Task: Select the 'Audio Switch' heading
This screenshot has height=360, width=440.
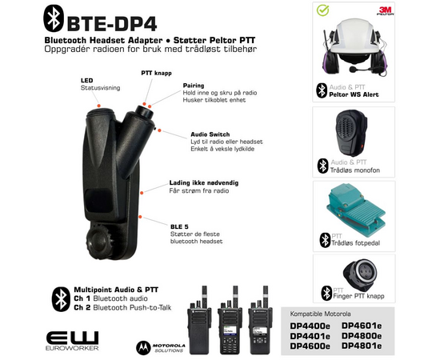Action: click(x=210, y=134)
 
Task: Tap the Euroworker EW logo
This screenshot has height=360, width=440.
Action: click(x=72, y=341)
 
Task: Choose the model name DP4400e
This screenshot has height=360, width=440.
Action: click(x=314, y=326)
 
